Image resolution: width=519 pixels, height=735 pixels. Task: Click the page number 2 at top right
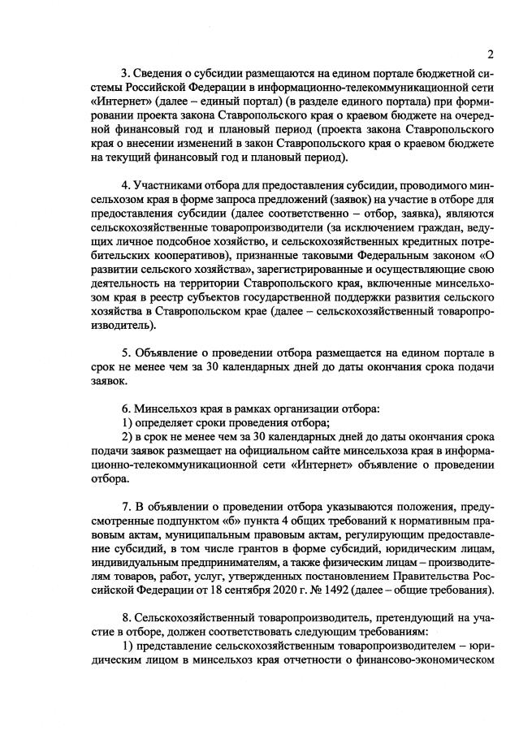pos(491,54)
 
